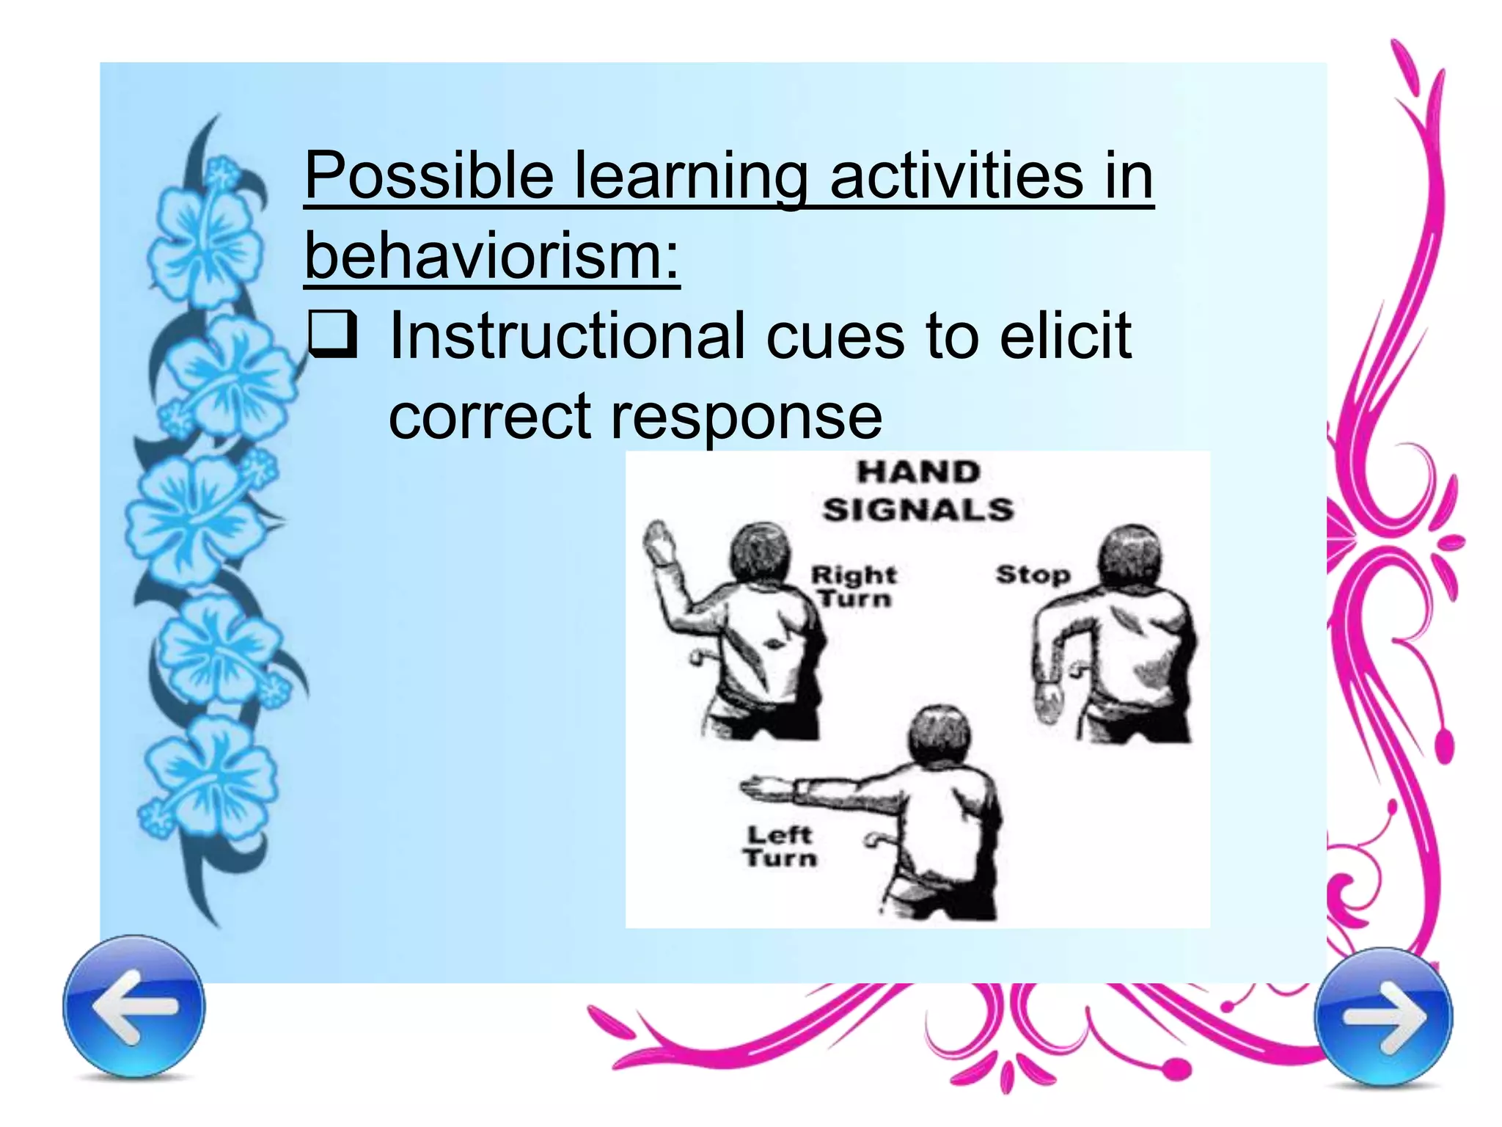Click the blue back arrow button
[x=133, y=1006]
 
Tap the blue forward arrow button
[x=1383, y=1016]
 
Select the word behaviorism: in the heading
[x=492, y=255]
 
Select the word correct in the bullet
[x=489, y=416]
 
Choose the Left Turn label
[x=780, y=846]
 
